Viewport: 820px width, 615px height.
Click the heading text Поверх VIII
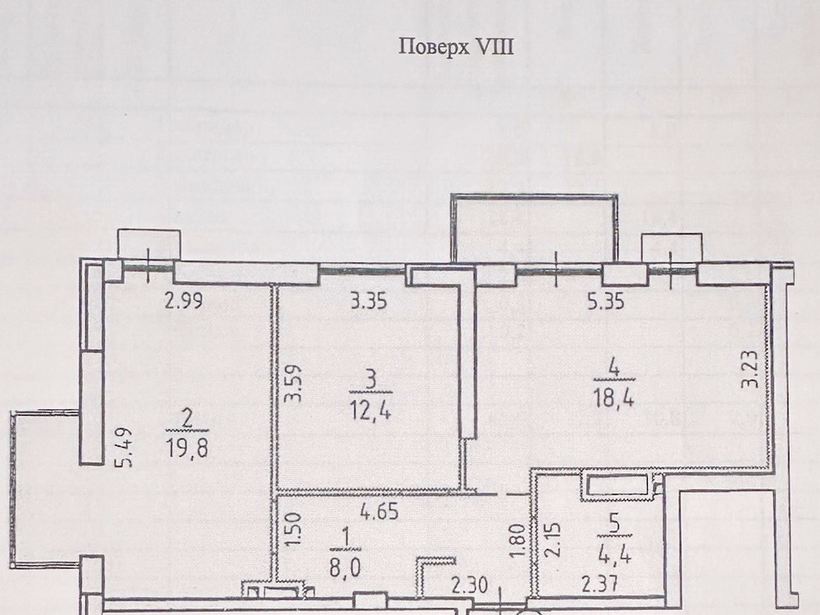[456, 47]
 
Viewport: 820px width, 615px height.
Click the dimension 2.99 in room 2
[184, 301]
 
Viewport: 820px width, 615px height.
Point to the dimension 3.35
[368, 301]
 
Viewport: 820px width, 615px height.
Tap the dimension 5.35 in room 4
[606, 301]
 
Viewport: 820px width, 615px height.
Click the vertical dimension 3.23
[750, 368]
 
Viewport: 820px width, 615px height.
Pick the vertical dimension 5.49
[125, 448]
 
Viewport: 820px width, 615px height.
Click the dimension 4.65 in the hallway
[379, 511]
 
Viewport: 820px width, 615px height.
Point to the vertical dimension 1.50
[294, 529]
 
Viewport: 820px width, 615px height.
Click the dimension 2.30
[470, 585]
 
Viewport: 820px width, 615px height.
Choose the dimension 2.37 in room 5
[600, 584]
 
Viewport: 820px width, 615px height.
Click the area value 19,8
[186, 449]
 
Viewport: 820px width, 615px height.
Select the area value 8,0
[345, 567]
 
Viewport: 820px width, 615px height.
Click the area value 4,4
[615, 553]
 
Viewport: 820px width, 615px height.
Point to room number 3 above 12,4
[371, 378]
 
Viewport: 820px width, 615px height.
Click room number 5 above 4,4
[615, 525]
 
